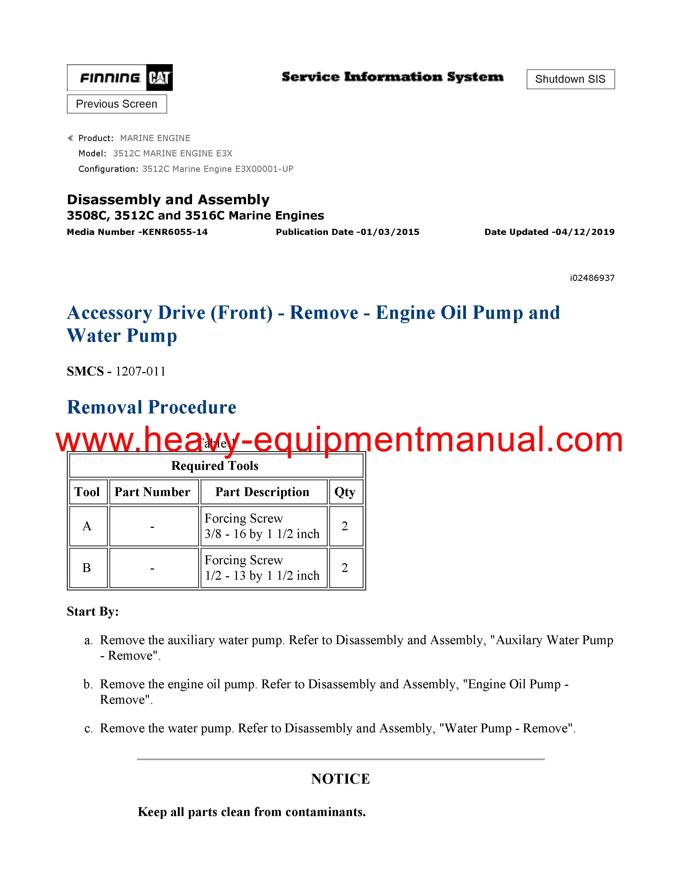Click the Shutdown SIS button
570,79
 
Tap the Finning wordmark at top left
110,78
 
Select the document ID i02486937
592,278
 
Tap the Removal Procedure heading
151,407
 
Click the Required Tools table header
215,466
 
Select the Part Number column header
152,492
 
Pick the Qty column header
345,492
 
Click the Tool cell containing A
87,526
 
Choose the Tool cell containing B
87,568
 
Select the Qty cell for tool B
345,568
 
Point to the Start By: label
93,612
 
